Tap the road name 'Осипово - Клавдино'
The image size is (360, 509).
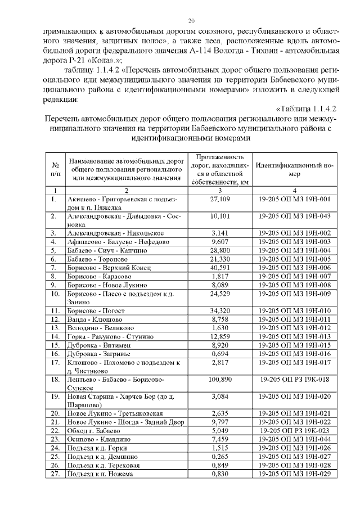coord(98,439)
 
